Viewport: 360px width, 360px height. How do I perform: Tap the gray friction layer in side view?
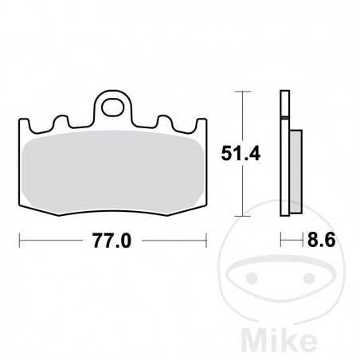click(x=294, y=172)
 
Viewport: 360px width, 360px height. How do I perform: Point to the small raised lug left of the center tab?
click(x=58, y=122)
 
